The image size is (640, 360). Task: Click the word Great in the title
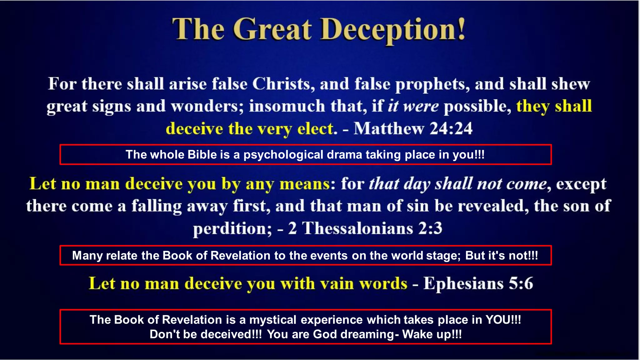[x=272, y=30]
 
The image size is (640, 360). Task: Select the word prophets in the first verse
[x=432, y=85]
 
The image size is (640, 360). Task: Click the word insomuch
[x=287, y=106]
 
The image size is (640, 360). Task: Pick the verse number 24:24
[x=451, y=128]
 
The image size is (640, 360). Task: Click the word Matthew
[x=388, y=128]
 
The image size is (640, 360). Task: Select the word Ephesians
[x=463, y=283]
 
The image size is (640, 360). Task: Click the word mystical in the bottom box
[x=272, y=320]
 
